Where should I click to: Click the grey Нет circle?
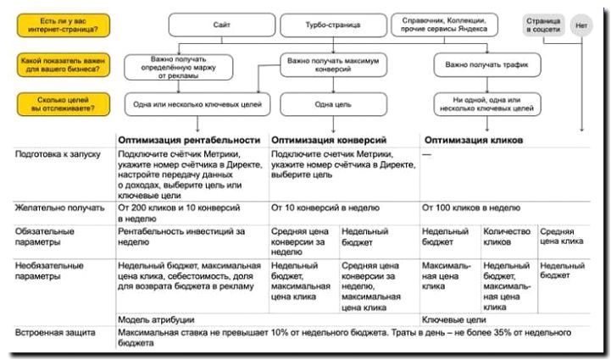(580, 25)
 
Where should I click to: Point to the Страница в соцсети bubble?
(542, 25)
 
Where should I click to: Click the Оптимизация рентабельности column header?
(188, 139)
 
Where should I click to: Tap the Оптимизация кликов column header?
(473, 139)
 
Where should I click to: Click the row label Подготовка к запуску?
(58, 154)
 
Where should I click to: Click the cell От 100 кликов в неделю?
(470, 207)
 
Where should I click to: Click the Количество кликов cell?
(507, 235)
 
